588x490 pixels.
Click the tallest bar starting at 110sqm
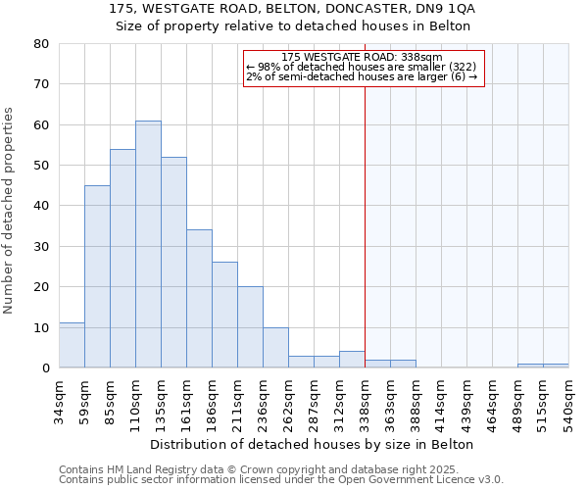[148, 244]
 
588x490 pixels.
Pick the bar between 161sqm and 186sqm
[199, 299]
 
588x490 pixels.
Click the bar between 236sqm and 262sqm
[275, 348]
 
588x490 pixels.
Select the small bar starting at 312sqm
[352, 360]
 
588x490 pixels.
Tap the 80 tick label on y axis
[40, 44]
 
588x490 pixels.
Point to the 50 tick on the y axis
[40, 166]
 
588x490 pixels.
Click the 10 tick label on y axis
[40, 327]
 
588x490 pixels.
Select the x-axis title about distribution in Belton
[313, 444]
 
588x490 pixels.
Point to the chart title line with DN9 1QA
[293, 8]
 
